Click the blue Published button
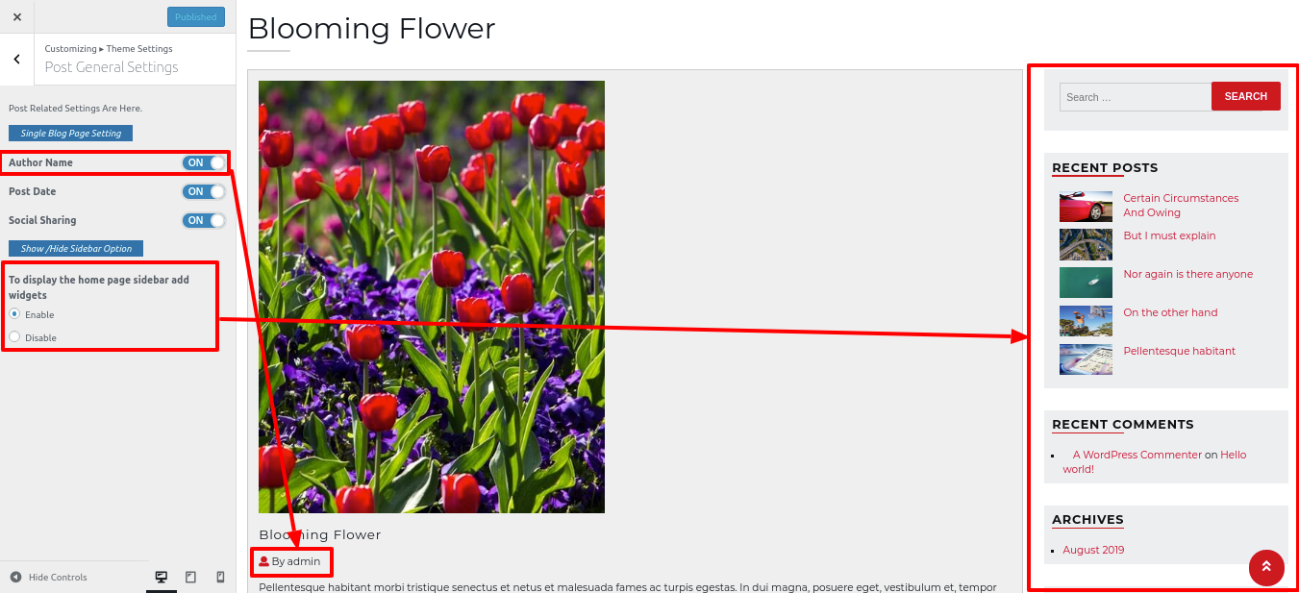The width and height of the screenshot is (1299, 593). pyautogui.click(x=196, y=16)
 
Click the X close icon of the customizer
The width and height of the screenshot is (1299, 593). pyautogui.click(x=17, y=16)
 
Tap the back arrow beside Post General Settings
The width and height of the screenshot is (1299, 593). pyautogui.click(x=16, y=59)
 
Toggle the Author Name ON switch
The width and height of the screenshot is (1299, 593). pyautogui.click(x=204, y=162)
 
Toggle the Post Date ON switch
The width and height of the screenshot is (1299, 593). pyautogui.click(x=204, y=191)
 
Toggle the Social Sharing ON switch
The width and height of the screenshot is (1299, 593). pyautogui.click(x=204, y=220)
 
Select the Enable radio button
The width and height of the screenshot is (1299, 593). pyautogui.click(x=14, y=313)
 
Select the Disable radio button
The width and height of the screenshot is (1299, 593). pyautogui.click(x=14, y=336)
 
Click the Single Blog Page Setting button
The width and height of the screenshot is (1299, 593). pyautogui.click(x=71, y=134)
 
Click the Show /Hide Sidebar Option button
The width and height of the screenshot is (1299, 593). pyautogui.click(x=76, y=249)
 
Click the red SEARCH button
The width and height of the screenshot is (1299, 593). pyautogui.click(x=1246, y=96)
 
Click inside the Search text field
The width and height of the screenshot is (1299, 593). pyautogui.click(x=1136, y=97)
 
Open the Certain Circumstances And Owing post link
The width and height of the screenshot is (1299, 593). pyautogui.click(x=1181, y=206)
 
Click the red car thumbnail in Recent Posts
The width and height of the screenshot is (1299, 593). pyautogui.click(x=1086, y=207)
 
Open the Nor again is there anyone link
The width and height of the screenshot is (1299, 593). pyautogui.click(x=1188, y=274)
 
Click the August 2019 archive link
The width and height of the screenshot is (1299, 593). pyautogui.click(x=1093, y=550)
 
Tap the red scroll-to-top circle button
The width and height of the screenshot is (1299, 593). pyautogui.click(x=1266, y=567)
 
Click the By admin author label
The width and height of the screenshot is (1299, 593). pyautogui.click(x=289, y=561)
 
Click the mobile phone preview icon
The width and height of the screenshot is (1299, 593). pyautogui.click(x=220, y=577)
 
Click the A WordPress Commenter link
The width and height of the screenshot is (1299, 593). pyautogui.click(x=1137, y=455)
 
